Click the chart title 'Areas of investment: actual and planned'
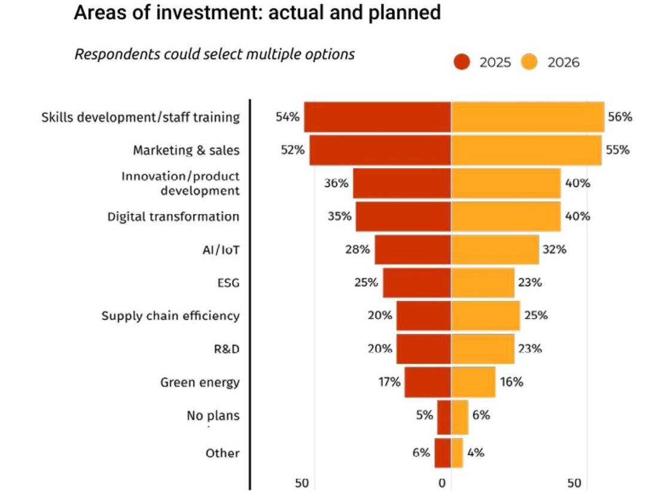[x=257, y=13]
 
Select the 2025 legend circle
[x=462, y=62]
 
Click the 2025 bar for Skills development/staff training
[x=377, y=117]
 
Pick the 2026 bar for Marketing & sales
[x=526, y=150]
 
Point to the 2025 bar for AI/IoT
[x=413, y=250]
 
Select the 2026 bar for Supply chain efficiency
[x=485, y=315]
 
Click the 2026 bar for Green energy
[x=473, y=382]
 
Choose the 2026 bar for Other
[x=457, y=453]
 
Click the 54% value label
[x=287, y=117]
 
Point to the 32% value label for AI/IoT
[x=554, y=250]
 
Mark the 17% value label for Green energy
[x=389, y=382]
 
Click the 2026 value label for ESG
[x=530, y=283]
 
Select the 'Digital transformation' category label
[x=173, y=217]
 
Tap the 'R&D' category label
[x=227, y=349]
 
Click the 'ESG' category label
[x=229, y=283]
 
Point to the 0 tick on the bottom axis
[x=443, y=484]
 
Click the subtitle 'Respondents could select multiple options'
[x=214, y=54]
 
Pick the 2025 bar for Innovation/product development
[x=401, y=183]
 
